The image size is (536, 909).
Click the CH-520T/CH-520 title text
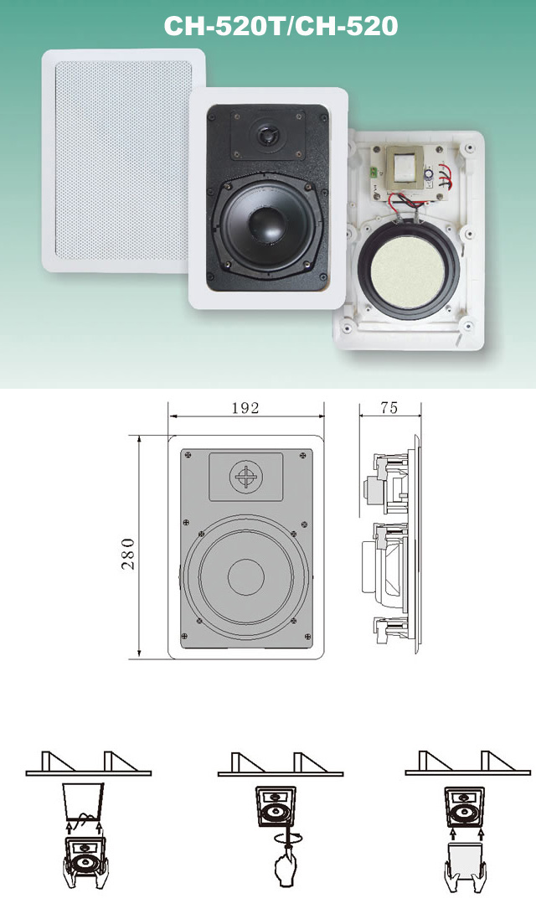coord(281,26)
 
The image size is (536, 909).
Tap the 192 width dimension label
coord(245,408)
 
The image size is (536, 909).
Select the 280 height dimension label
coord(128,554)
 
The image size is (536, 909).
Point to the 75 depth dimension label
coord(389,408)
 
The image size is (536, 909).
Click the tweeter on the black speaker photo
coord(268,136)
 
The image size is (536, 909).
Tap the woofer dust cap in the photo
coord(266,223)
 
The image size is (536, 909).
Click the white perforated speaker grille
coord(123,161)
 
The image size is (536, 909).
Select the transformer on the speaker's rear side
coord(405,167)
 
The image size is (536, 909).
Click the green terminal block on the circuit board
coord(375,172)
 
